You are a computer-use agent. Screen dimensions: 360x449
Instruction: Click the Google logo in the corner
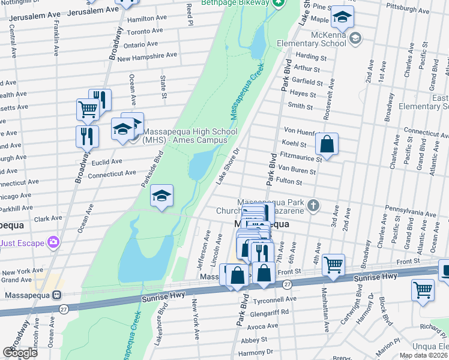(x=20, y=353)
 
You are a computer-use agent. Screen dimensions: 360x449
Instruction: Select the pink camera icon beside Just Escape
(x=55, y=242)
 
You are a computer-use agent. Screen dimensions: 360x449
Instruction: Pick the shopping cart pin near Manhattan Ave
(x=333, y=264)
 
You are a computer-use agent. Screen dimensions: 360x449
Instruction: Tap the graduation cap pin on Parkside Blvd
(x=161, y=196)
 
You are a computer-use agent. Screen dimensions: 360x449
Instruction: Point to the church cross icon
(x=312, y=206)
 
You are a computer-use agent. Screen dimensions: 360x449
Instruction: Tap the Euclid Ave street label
(x=107, y=162)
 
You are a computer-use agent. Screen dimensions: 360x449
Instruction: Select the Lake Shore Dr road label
(x=228, y=166)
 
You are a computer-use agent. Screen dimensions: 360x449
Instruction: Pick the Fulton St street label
(x=306, y=181)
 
